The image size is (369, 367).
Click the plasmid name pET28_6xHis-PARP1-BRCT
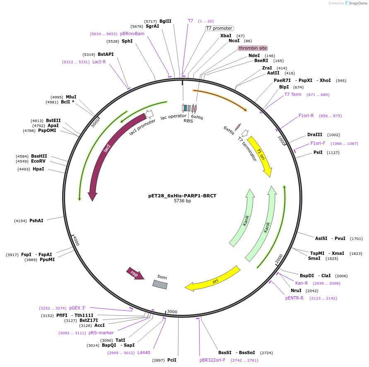coord(182,196)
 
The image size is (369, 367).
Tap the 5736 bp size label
coord(182,201)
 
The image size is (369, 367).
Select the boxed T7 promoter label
coord(219,29)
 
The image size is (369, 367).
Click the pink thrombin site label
coord(253,48)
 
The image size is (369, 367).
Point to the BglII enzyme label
coord(165,21)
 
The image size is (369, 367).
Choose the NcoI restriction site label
coord(234,41)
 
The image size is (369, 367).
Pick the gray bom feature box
coord(160,284)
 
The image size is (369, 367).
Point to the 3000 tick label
coord(172,312)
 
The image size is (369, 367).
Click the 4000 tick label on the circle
coord(76,240)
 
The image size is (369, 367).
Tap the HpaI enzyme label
coord(38,169)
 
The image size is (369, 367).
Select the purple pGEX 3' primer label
coord(77,308)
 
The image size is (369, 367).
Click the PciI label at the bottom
coord(172,360)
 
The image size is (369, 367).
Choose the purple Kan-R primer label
coord(301,283)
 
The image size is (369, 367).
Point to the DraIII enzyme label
coord(315,134)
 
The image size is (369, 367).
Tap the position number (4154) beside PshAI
coord(20,221)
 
